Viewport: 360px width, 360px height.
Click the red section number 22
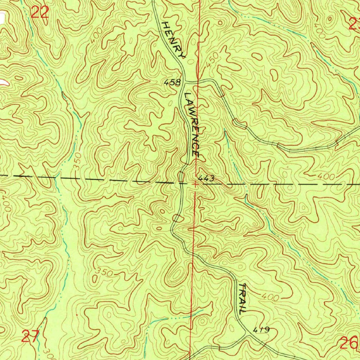click(39, 13)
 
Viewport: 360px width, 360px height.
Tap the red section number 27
click(31, 337)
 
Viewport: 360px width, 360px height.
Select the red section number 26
click(349, 342)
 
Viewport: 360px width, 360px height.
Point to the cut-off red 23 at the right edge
click(354, 24)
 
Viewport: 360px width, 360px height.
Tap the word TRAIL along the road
click(242, 298)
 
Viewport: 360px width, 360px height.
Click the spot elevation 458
click(173, 83)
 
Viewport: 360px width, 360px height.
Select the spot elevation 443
click(206, 179)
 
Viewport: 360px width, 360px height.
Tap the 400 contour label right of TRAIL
click(271, 297)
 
